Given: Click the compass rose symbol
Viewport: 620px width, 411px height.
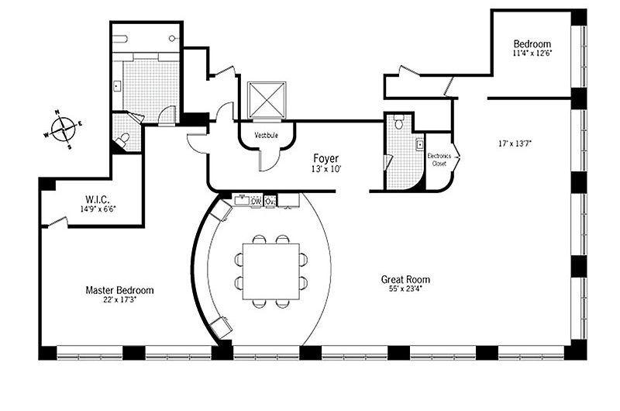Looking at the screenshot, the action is pos(64,130).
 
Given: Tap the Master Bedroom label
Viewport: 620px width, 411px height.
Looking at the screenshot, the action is pos(119,290).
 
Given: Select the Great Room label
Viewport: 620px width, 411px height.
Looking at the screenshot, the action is pos(405,279).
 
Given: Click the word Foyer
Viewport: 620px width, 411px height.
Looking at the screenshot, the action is pos(325,158).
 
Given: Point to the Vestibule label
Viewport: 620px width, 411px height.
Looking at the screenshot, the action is pos(266,135).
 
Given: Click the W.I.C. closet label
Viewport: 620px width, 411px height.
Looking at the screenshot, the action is pos(98,199).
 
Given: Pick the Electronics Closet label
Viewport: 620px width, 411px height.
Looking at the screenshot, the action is pos(439,160).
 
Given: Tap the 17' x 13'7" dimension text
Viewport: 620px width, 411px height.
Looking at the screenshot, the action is pos(515,143).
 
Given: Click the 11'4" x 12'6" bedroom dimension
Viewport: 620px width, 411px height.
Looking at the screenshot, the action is pos(532,53).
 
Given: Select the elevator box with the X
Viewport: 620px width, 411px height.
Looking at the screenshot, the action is pos(266,99).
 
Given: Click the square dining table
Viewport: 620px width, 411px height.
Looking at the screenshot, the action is pos(270,271).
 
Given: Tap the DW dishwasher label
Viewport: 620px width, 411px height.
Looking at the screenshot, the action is pos(257,201).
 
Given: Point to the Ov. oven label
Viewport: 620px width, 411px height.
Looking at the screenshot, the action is pos(270,201).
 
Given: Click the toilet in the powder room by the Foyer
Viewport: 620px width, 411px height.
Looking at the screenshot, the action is pos(398,123).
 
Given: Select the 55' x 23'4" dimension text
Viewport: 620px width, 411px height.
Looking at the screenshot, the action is pos(405,288).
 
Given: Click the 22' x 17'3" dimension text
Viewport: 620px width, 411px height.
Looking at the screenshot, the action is pos(120,299).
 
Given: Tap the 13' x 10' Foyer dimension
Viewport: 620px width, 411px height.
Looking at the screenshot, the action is pos(326,168).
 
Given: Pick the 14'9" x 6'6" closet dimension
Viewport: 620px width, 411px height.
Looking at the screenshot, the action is pos(98,209).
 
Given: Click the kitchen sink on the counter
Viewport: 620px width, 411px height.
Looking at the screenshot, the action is pos(242,200).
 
